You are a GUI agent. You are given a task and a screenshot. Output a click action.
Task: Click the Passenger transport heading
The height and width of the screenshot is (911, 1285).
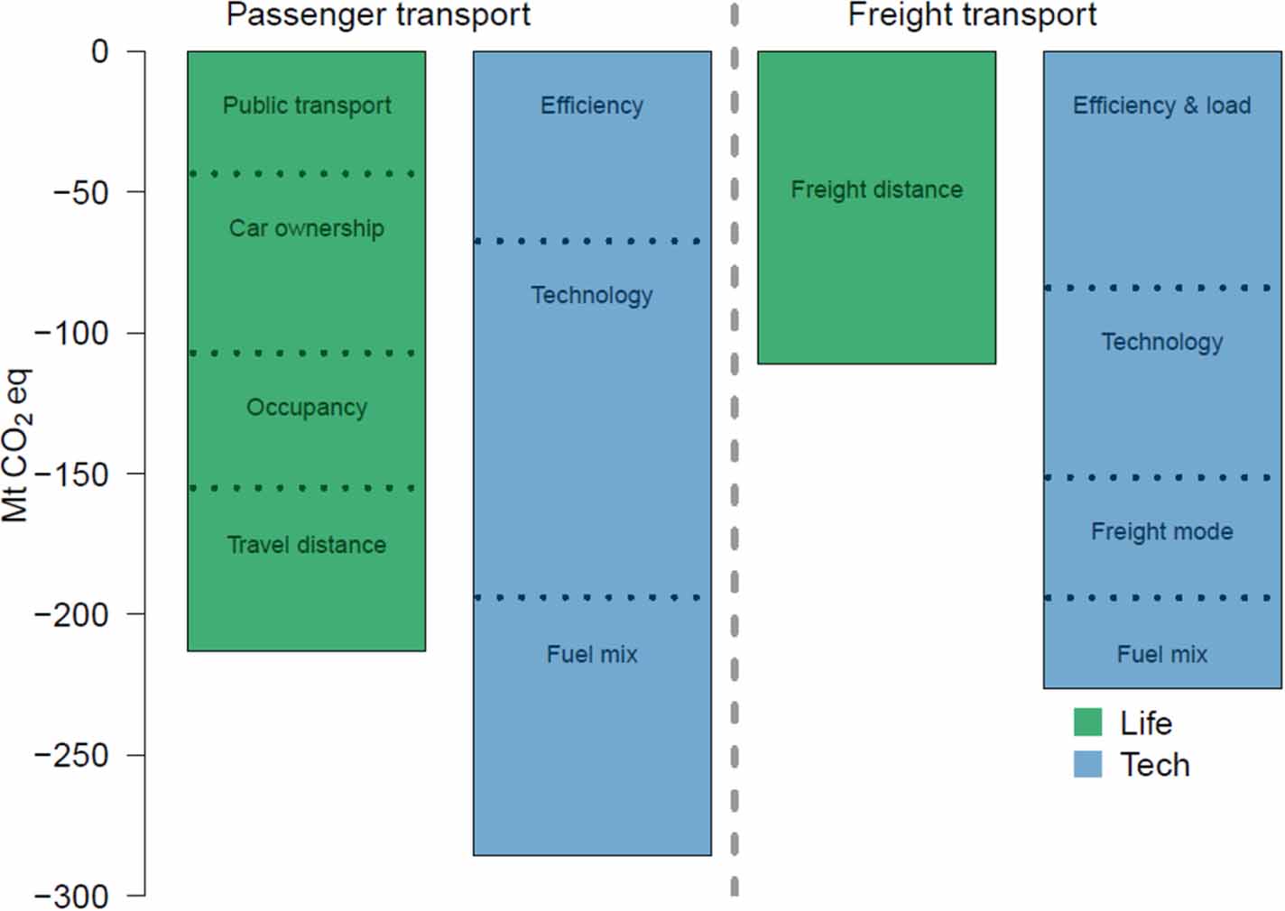[x=378, y=15]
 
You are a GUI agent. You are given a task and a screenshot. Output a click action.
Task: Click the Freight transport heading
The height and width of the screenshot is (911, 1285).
[x=972, y=15]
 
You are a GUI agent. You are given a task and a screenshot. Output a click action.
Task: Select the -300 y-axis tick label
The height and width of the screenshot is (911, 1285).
[x=71, y=896]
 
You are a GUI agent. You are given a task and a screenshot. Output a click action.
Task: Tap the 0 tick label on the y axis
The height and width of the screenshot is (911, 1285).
[x=99, y=51]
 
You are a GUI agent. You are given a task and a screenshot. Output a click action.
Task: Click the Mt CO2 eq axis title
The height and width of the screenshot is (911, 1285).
[x=16, y=445]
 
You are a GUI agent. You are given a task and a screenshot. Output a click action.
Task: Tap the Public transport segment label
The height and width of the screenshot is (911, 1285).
[x=307, y=106]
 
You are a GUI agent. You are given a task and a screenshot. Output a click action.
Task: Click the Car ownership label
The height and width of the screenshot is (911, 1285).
[x=307, y=228]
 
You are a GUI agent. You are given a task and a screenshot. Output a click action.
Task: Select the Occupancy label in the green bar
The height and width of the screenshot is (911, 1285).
[x=307, y=408]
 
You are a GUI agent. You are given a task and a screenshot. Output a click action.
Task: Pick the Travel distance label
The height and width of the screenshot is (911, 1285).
[x=307, y=545]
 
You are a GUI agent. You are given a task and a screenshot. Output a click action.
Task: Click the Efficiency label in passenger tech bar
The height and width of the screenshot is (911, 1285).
[x=592, y=106]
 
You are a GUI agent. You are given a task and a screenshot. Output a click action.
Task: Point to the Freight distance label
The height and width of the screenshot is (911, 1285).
[x=876, y=189]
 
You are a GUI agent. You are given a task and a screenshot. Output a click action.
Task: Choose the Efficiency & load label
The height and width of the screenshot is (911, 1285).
[x=1161, y=106]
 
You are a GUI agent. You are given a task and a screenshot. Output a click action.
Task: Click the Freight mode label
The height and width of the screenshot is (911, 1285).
[x=1161, y=531]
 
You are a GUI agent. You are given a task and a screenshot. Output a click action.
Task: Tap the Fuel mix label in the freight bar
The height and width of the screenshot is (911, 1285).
[x=1161, y=654]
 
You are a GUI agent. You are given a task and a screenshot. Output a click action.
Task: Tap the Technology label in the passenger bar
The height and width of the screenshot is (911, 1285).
[x=592, y=295]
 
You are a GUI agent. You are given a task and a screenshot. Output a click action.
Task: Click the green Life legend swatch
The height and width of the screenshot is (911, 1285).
[x=1087, y=722]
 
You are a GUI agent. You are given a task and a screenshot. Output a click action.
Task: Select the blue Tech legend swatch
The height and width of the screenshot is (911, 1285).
[x=1087, y=765]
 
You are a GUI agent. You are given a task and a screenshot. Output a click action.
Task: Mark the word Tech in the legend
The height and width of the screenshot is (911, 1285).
[x=1155, y=765]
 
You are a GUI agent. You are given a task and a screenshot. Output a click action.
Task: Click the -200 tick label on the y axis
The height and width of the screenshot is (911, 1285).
[x=71, y=614]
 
